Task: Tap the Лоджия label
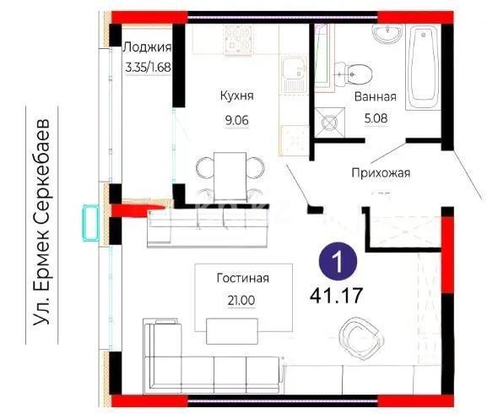pos(147,47)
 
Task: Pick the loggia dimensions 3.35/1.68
pos(147,65)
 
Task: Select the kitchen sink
pos(295,76)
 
